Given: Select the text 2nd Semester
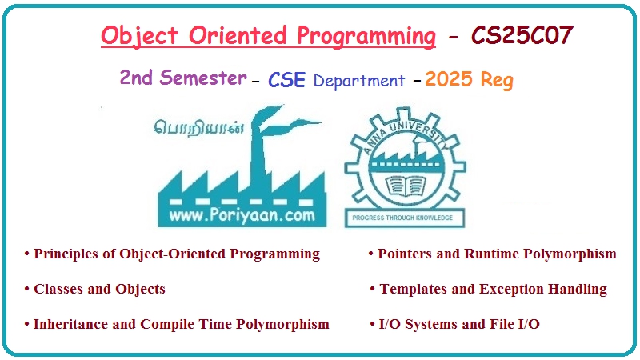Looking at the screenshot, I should [x=183, y=78].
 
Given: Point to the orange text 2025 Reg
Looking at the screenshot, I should [x=469, y=79].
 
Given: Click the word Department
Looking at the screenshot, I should [x=359, y=81].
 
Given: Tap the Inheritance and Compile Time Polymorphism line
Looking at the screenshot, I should [x=177, y=324].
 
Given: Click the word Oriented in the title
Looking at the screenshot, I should [x=244, y=37].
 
